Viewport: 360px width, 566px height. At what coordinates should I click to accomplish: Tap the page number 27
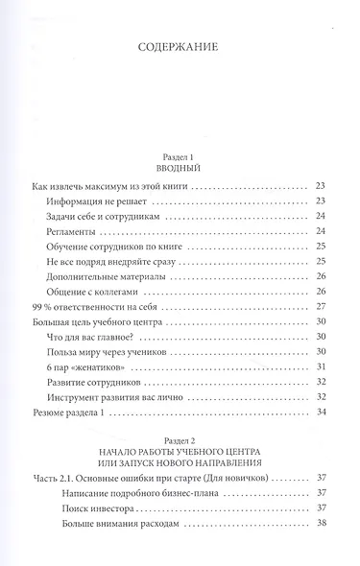pyautogui.click(x=322, y=309)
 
